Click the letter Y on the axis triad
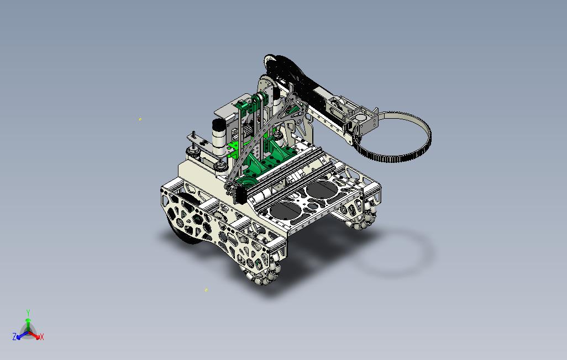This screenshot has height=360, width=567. point(28,313)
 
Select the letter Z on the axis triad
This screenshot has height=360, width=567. point(14,337)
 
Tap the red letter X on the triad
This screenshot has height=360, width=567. point(42,337)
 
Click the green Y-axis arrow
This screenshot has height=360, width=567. point(28,324)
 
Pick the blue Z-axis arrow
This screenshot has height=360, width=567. point(21,335)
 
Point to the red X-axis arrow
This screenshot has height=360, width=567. point(34,335)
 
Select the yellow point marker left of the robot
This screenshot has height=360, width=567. point(140,119)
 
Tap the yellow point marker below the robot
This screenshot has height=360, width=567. point(206,290)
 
